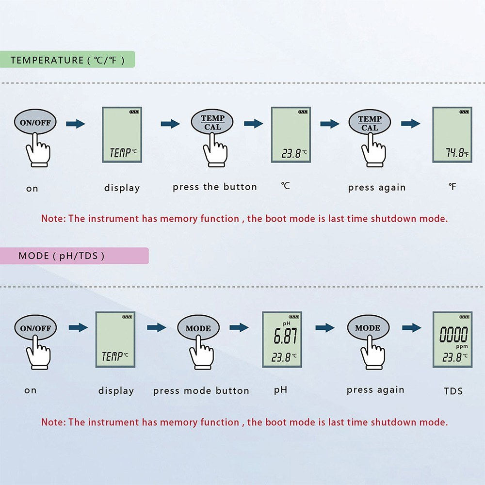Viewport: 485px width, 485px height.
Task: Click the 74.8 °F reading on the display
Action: pyautogui.click(x=455, y=153)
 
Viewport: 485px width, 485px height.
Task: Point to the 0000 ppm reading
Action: pyautogui.click(x=454, y=335)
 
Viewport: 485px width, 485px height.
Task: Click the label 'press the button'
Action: pyautogui.click(x=215, y=187)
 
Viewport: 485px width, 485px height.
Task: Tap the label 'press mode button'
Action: pyautogui.click(x=201, y=391)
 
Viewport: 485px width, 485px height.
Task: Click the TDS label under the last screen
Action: pyautogui.click(x=453, y=391)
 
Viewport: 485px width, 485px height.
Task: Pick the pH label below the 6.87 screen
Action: pyautogui.click(x=280, y=390)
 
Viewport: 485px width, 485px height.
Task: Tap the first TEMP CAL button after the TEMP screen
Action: pyautogui.click(x=212, y=122)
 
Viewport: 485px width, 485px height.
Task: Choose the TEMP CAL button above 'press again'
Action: pyautogui.click(x=370, y=123)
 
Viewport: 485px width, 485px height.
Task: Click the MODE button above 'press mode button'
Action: pyautogui.click(x=198, y=328)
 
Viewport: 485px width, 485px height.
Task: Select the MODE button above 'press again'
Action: pyautogui.click(x=368, y=328)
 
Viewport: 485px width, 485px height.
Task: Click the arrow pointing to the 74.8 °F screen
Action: pyautogui.click(x=410, y=124)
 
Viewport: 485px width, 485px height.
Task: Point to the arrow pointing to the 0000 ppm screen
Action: pyautogui.click(x=411, y=328)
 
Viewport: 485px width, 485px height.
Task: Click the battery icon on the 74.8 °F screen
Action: pyautogui.click(x=465, y=112)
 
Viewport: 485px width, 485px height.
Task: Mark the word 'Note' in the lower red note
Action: pyautogui.click(x=52, y=422)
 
